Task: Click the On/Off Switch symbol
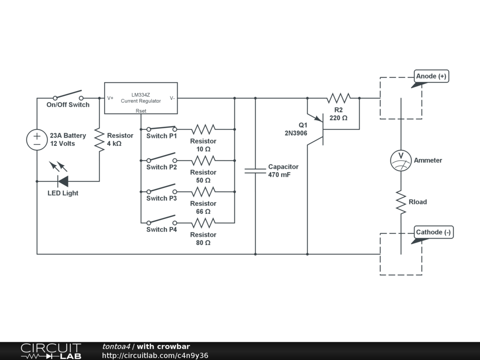[x=68, y=95]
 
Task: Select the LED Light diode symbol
[x=62, y=181]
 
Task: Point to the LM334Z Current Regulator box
[x=141, y=98]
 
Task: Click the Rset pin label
[x=141, y=111]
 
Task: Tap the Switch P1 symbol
[x=162, y=128]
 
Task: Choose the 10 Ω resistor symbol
[x=203, y=129]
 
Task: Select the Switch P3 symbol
[x=162, y=190]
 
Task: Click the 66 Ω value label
[x=203, y=211]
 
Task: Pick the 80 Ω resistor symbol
[x=203, y=223]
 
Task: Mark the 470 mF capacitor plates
[x=255, y=171]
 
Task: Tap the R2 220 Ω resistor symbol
[x=338, y=98]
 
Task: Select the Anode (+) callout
[x=432, y=76]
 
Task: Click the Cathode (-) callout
[x=434, y=232]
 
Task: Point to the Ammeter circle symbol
[x=401, y=160]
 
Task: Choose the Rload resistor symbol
[x=401, y=202]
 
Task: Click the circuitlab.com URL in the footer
[x=155, y=355]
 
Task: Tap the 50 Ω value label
[x=203, y=180]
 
